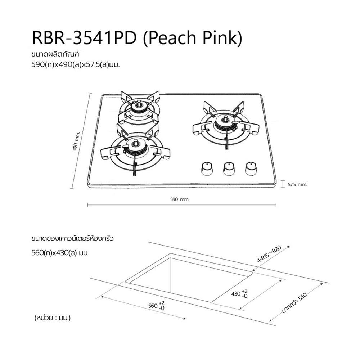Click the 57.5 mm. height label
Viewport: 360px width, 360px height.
tap(298, 184)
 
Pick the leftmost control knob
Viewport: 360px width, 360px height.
tap(207, 168)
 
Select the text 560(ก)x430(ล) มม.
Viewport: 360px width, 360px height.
tap(60, 253)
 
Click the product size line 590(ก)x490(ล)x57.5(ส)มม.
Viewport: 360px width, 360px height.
tap(76, 66)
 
